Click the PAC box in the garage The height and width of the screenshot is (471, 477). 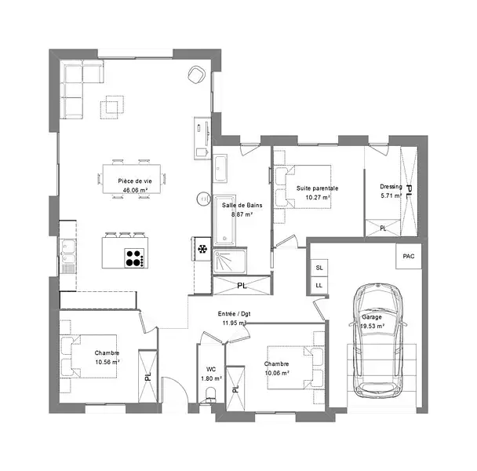409,256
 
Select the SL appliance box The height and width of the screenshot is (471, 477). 319,268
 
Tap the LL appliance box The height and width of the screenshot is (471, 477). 319,286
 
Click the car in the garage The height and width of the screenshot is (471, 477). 378,341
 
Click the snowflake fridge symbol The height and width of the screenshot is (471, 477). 202,250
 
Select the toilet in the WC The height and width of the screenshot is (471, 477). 209,395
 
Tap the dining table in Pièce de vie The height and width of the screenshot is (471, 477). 132,179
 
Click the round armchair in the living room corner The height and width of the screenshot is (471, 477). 196,75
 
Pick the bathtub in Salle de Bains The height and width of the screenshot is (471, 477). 225,221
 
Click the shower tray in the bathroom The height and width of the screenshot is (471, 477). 230,261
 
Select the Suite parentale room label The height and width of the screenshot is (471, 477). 317,188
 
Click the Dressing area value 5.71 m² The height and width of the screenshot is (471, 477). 391,195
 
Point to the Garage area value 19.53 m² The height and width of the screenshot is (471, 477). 373,326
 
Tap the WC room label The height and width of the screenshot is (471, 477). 211,369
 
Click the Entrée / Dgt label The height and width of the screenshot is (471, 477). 234,313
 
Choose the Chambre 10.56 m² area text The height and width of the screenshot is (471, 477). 107,362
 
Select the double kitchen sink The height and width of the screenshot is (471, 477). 68,251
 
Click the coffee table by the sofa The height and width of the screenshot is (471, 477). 112,108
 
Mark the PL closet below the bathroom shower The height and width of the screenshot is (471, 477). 242,285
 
